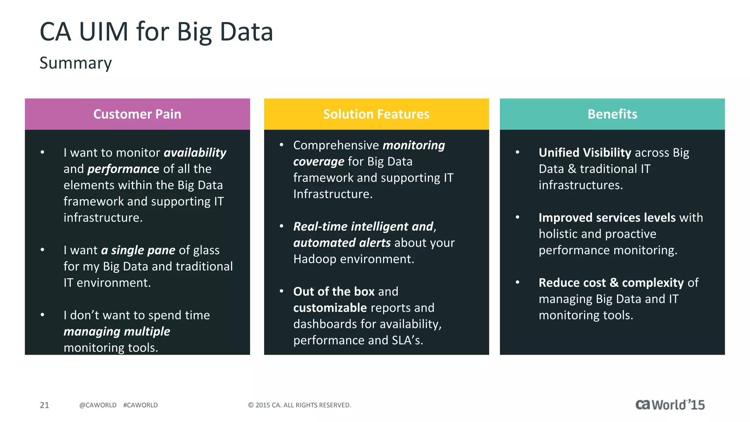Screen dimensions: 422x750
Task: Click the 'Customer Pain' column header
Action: click(137, 114)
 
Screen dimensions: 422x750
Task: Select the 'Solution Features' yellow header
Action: click(376, 114)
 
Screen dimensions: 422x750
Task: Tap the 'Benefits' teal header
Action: click(612, 114)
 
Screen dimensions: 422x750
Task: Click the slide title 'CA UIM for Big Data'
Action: click(156, 32)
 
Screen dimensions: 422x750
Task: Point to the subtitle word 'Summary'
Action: click(75, 63)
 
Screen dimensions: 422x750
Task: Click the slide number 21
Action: click(44, 405)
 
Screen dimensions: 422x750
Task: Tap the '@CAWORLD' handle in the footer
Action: click(98, 405)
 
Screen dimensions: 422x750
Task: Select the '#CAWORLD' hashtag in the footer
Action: click(140, 405)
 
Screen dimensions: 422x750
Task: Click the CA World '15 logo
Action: click(670, 405)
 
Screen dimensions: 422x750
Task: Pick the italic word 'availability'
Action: click(195, 152)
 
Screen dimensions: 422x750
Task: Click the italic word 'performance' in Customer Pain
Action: click(123, 169)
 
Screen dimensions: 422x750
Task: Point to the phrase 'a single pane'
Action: click(138, 250)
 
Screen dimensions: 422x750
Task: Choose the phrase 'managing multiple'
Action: click(117, 331)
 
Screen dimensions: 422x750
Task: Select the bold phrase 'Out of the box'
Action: click(334, 291)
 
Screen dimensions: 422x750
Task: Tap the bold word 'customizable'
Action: click(330, 308)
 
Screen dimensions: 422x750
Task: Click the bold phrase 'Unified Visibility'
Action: click(585, 152)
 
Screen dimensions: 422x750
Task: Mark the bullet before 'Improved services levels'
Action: click(517, 217)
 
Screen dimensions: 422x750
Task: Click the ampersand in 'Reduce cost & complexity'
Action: click(614, 282)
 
